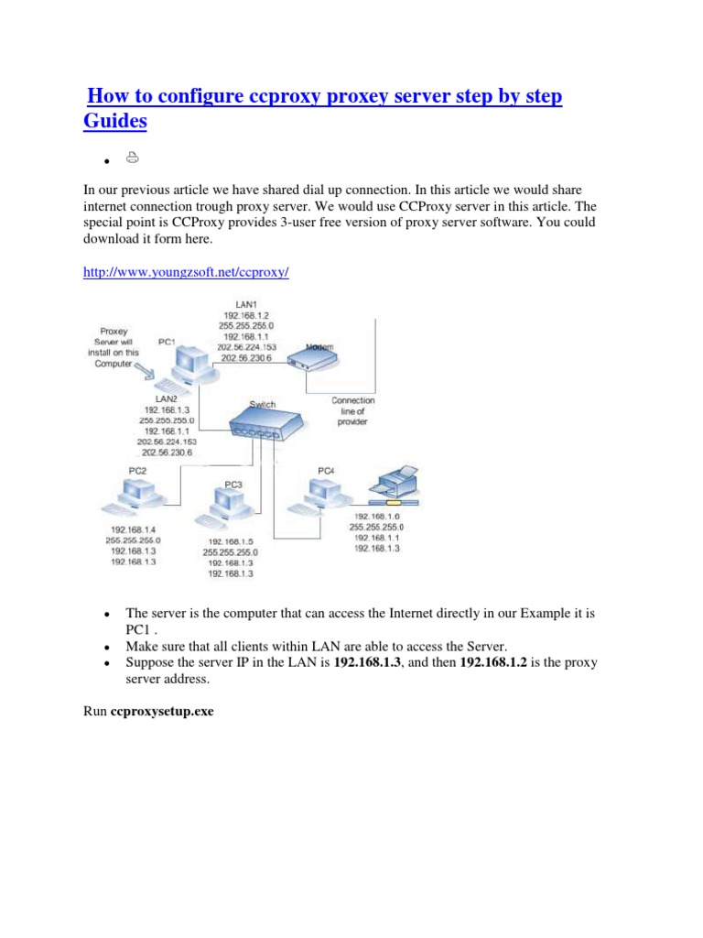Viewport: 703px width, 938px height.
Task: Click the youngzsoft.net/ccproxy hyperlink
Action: [x=186, y=273]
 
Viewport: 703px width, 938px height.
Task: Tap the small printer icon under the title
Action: [x=133, y=158]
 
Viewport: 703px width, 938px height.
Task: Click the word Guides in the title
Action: [x=115, y=121]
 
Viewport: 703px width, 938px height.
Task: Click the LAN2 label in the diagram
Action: [x=166, y=398]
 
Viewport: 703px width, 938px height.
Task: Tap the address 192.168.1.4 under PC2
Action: [x=134, y=529]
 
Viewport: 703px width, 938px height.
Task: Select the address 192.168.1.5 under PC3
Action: [x=231, y=540]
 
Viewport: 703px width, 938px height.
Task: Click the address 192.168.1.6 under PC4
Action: [x=375, y=516]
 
